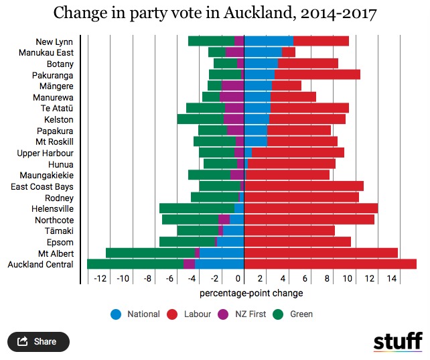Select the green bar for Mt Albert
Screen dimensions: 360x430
[150, 253]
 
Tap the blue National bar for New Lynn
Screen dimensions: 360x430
[269, 41]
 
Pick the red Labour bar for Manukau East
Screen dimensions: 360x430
[288, 52]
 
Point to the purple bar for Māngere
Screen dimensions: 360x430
[232, 85]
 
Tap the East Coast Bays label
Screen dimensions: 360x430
[42, 186]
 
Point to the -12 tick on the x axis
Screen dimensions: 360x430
[101, 278]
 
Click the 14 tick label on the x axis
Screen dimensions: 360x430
[393, 278]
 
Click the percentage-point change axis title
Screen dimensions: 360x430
[251, 294]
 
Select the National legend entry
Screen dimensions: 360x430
[143, 314]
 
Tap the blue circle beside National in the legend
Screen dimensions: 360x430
[115, 314]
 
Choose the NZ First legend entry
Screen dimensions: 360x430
[247, 314]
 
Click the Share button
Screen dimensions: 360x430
[38, 341]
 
